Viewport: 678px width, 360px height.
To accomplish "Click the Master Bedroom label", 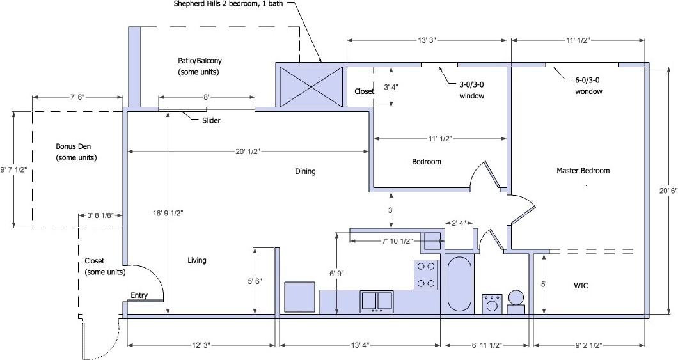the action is coord(583,171).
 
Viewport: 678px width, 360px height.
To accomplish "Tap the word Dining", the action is coord(305,171).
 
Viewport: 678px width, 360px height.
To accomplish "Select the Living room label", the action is coord(197,260).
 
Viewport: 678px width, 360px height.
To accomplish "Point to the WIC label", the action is coord(581,286).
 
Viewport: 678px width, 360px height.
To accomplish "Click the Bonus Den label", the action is coord(76,152).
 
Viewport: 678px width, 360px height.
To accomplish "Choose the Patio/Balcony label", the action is coord(200,66).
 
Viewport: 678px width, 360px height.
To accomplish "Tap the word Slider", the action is coord(211,121).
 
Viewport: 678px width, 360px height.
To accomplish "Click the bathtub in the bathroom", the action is coord(459,284).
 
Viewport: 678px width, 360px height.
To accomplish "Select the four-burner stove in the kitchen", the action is coord(427,275).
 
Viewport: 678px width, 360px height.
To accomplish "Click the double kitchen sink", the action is coord(377,301).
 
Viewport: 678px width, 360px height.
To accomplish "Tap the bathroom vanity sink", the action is coord(492,304).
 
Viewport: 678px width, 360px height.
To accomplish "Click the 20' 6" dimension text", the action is coord(666,191).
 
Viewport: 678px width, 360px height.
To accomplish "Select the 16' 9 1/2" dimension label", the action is coord(168,213).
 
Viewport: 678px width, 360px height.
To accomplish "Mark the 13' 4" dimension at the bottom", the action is coord(359,345).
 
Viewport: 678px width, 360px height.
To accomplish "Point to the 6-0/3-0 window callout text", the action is coord(588,86).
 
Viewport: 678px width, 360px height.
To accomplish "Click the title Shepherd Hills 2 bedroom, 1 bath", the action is coord(228,4).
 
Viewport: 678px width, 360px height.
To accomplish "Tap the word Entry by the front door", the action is coord(139,295).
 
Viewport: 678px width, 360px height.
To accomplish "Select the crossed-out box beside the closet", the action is coord(311,87).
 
